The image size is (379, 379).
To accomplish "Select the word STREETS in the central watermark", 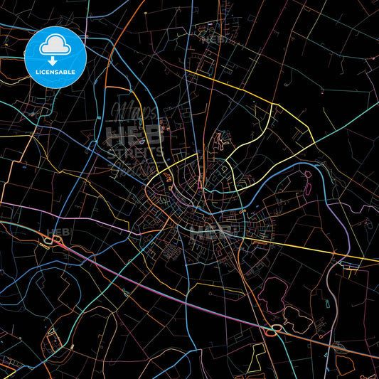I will (134, 152).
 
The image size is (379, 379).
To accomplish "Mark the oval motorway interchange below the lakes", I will (272, 329).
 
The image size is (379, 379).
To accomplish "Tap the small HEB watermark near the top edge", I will (213, 40).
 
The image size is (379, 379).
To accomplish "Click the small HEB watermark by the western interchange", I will (56, 233).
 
